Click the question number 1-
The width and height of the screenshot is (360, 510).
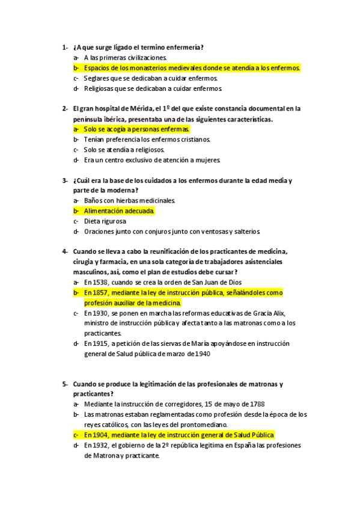[64, 47]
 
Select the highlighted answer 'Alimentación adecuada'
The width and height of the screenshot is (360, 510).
[119, 211]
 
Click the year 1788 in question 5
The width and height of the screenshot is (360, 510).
[255, 404]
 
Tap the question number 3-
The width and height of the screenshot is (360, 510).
[64, 180]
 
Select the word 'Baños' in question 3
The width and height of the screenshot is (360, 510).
[93, 201]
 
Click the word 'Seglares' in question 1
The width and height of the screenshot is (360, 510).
[97, 78]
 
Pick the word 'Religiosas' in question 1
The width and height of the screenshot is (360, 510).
[100, 88]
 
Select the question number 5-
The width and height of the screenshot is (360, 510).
[64, 384]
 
